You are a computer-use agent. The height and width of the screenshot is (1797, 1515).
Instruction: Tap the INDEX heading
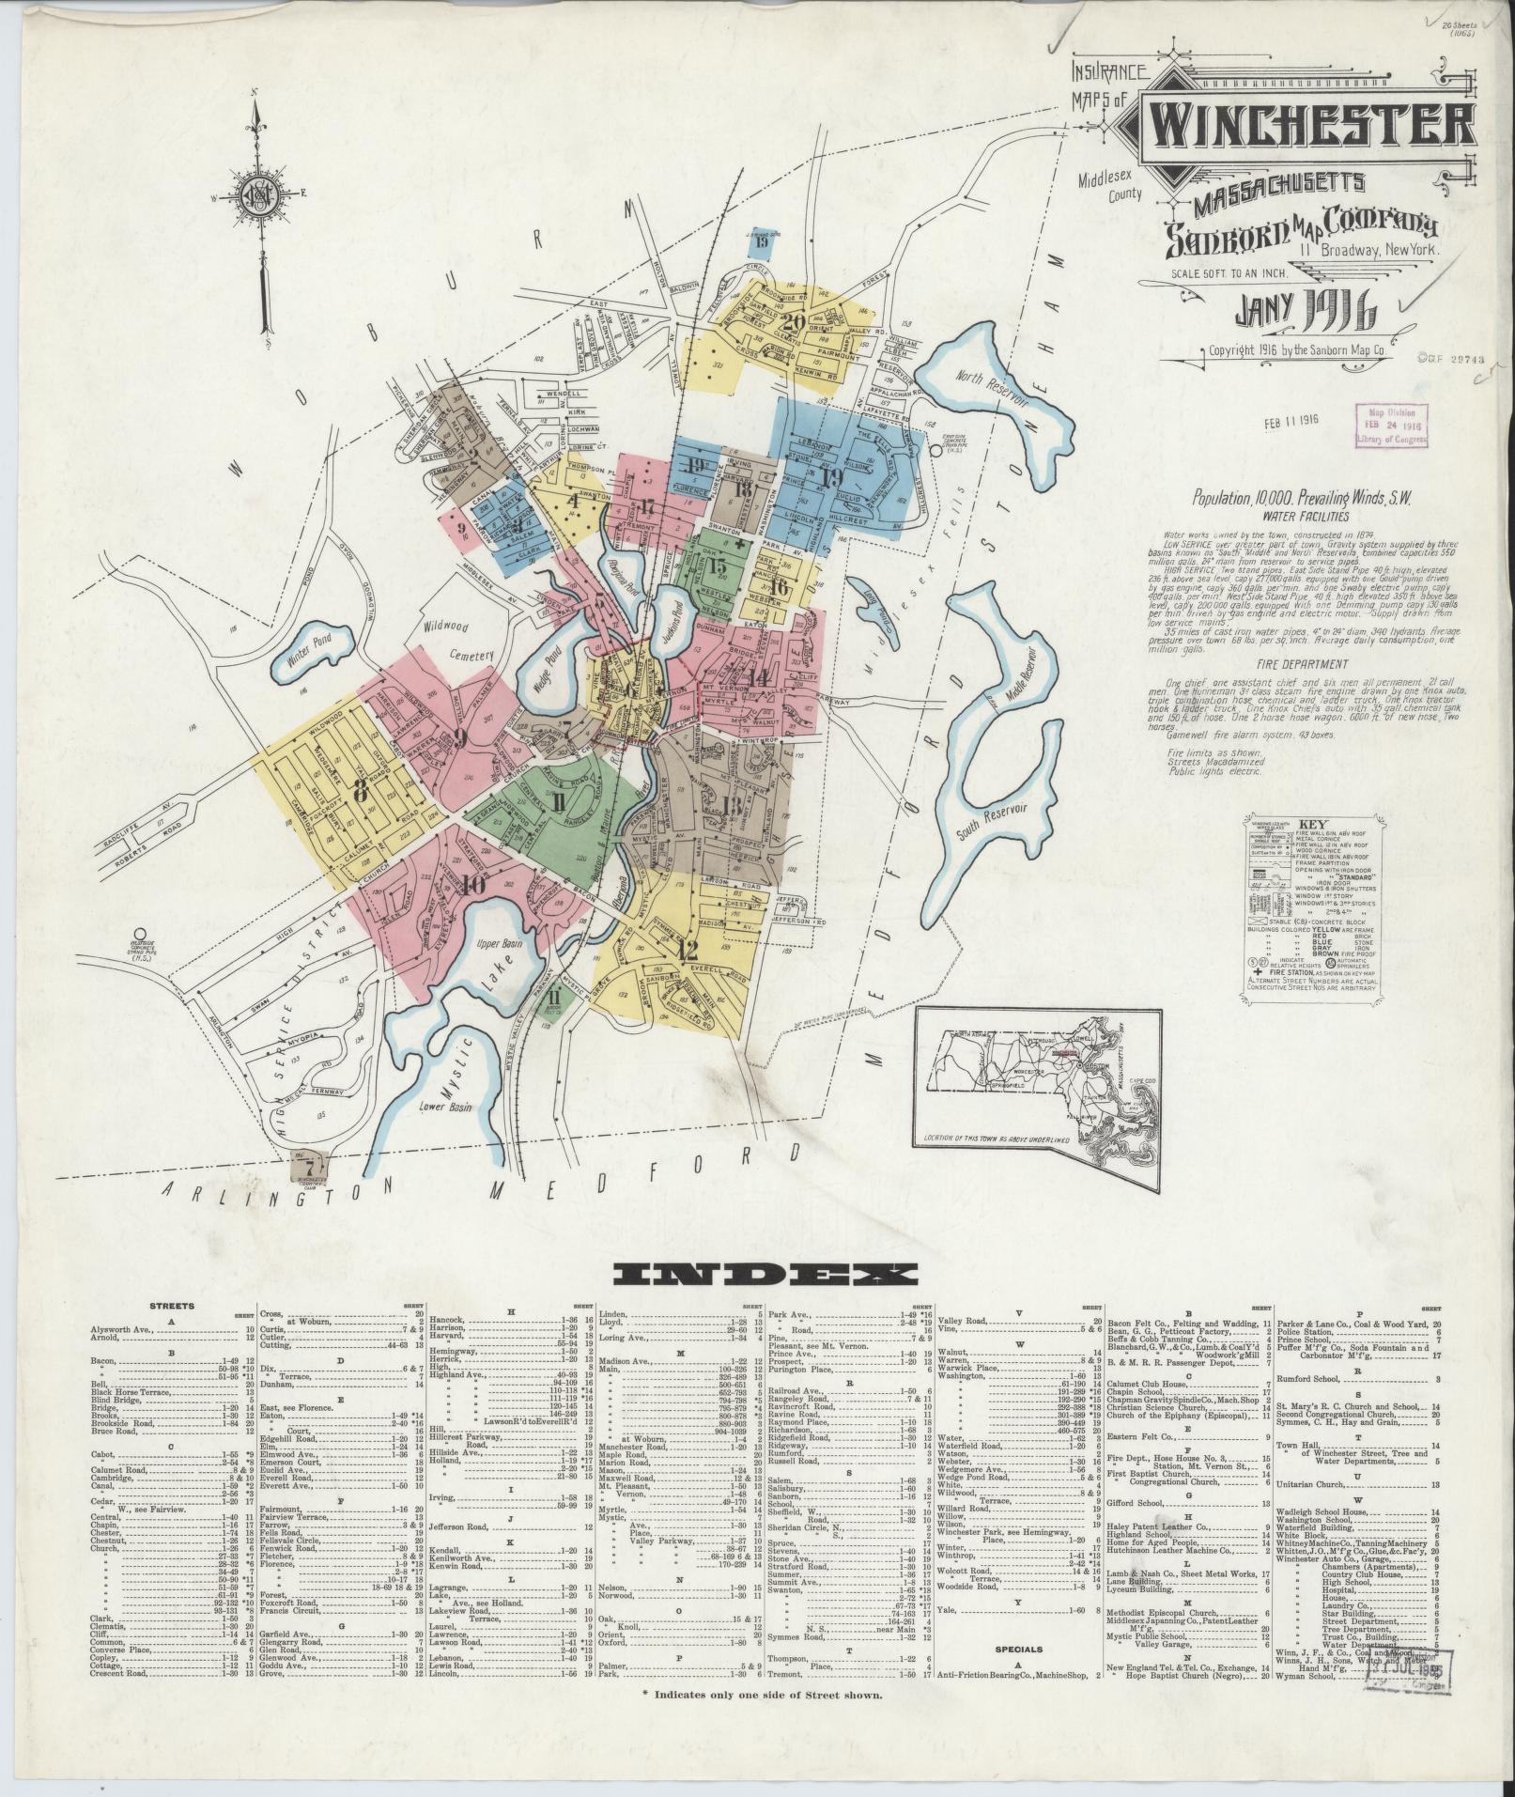pyautogui.click(x=765, y=1275)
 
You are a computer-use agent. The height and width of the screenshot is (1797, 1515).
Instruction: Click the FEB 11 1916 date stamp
pyautogui.click(x=1292, y=419)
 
